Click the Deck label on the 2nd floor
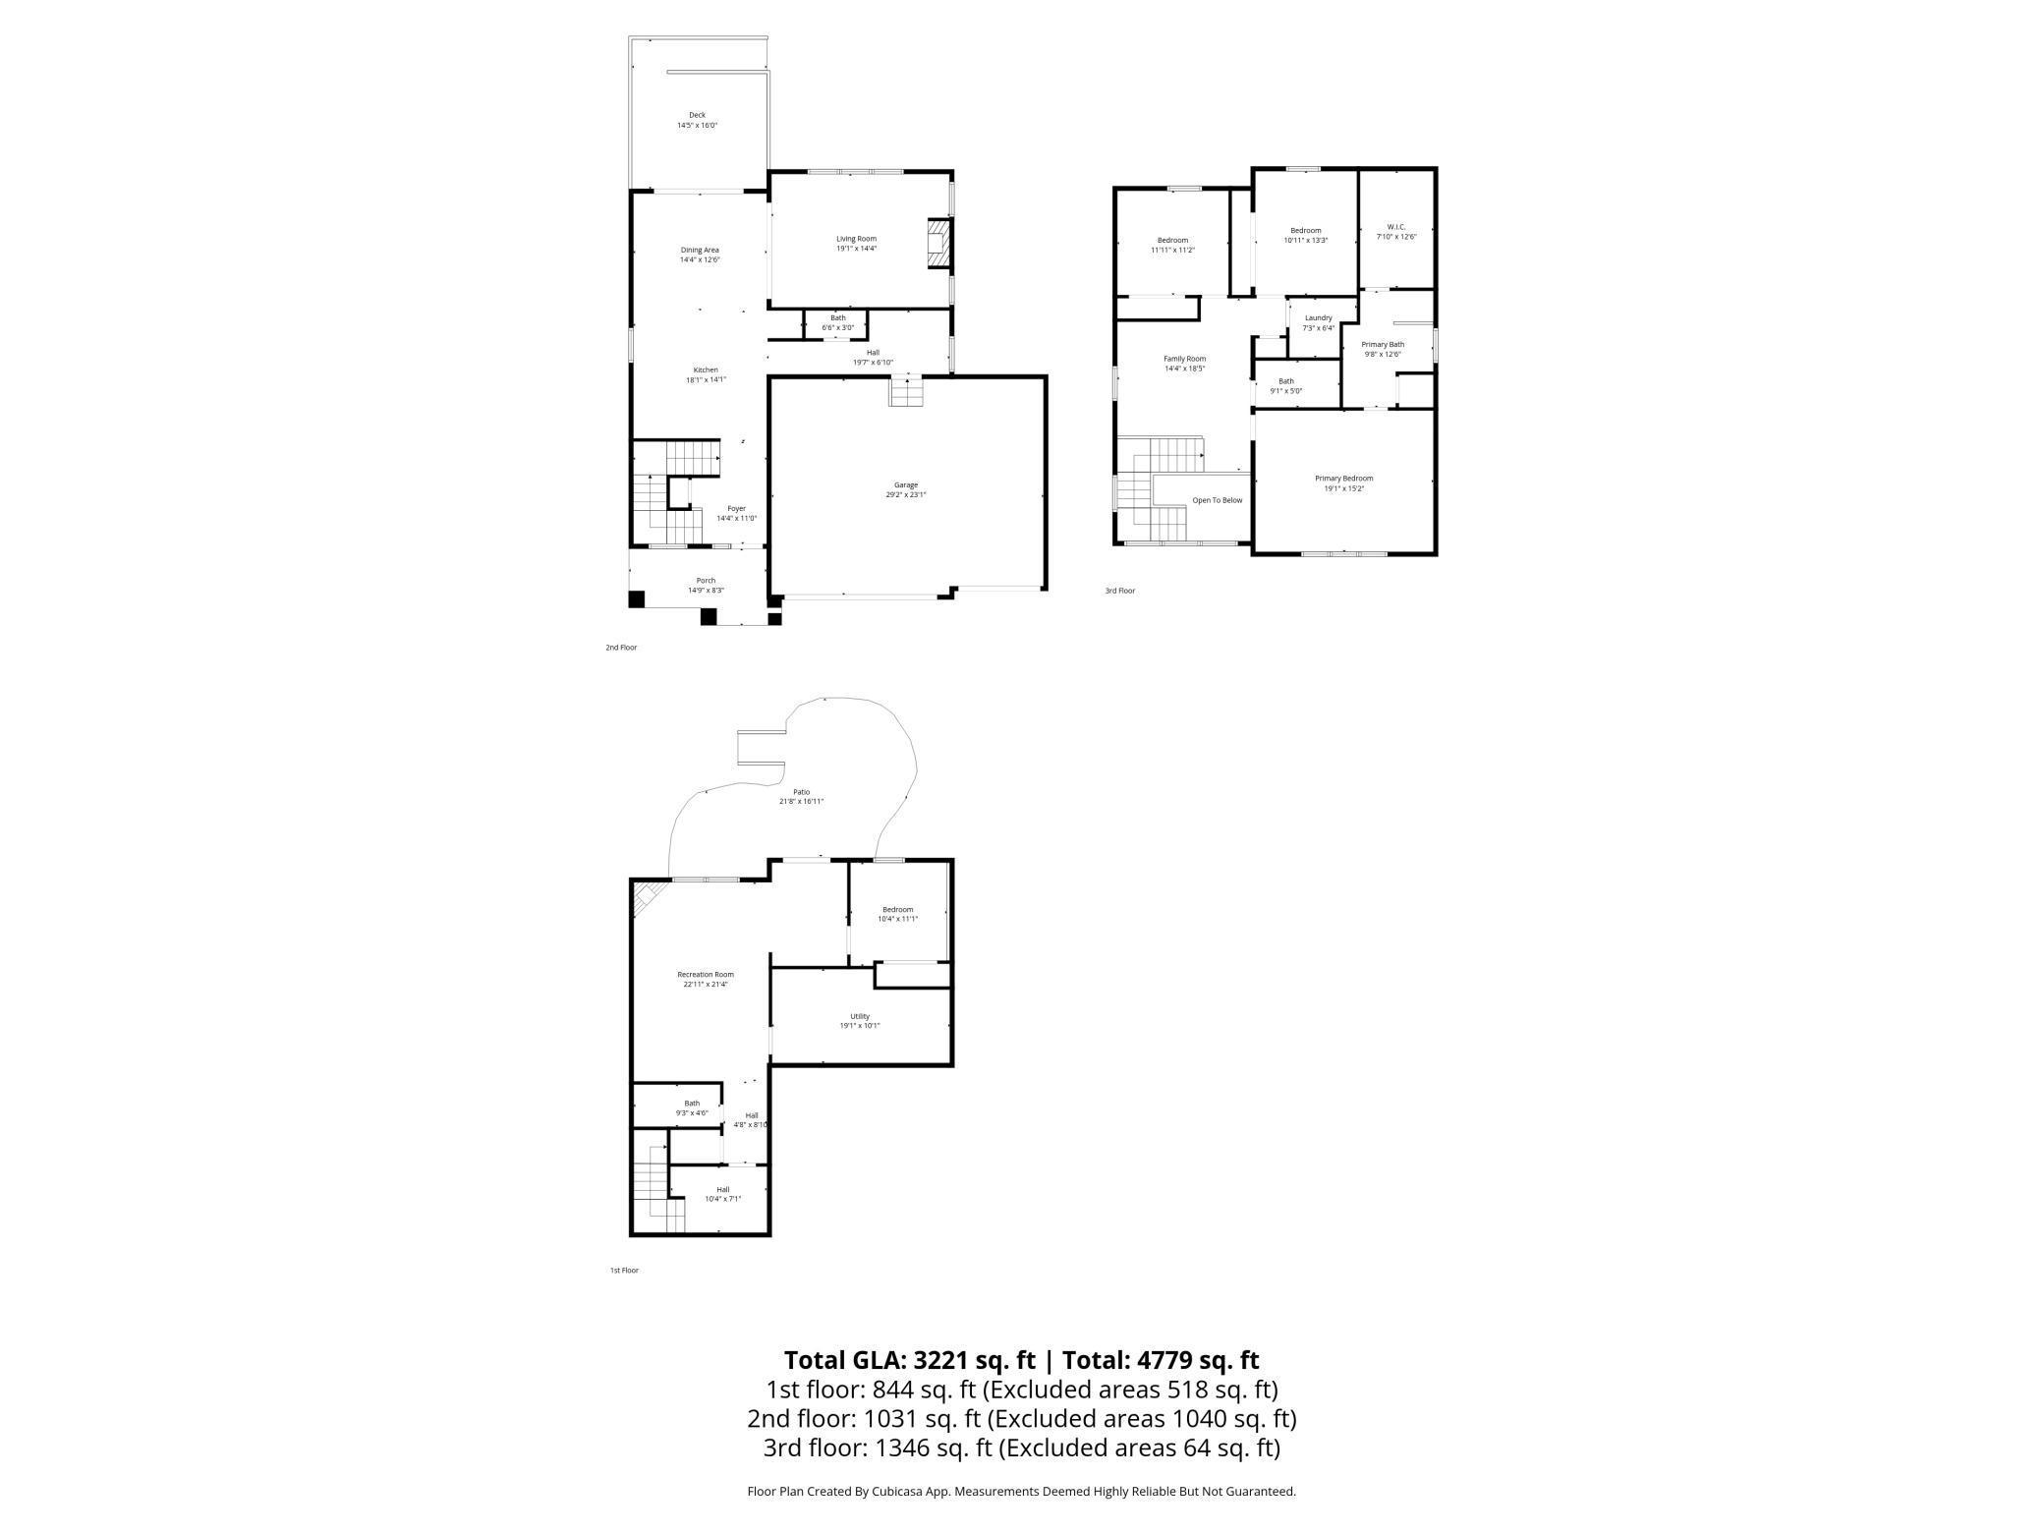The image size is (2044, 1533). pyautogui.click(x=697, y=115)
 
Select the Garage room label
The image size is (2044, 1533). pyautogui.click(x=905, y=484)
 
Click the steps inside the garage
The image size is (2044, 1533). pyautogui.click(x=906, y=391)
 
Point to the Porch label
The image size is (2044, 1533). pyautogui.click(x=706, y=581)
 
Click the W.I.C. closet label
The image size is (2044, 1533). pyautogui.click(x=1396, y=227)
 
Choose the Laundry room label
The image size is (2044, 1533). pyautogui.click(x=1318, y=317)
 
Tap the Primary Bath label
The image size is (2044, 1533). pyautogui.click(x=1383, y=344)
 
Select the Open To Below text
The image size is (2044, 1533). pyautogui.click(x=1217, y=500)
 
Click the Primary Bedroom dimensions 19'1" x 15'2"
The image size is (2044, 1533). pyautogui.click(x=1343, y=488)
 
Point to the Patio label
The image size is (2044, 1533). pyautogui.click(x=801, y=791)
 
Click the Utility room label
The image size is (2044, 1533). pyautogui.click(x=860, y=1016)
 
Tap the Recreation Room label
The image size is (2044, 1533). pyautogui.click(x=705, y=975)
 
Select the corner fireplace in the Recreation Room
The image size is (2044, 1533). pyautogui.click(x=645, y=894)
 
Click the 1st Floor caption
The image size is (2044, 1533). pyautogui.click(x=624, y=1271)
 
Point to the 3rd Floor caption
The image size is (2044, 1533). pyautogui.click(x=1119, y=591)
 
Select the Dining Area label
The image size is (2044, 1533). pyautogui.click(x=700, y=250)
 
